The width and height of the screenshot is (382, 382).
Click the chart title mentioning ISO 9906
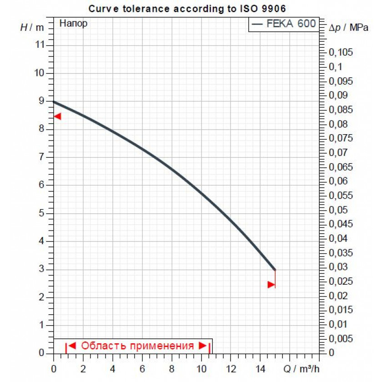pyautogui.click(x=187, y=8)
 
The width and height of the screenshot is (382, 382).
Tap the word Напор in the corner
pyautogui.click(x=73, y=24)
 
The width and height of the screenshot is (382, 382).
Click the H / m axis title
pyautogui.click(x=32, y=27)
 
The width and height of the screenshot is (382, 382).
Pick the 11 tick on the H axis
pyautogui.click(x=40, y=45)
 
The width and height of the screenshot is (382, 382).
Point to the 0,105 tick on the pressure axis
pyautogui.click(x=340, y=53)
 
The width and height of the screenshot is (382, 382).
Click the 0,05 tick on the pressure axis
pyautogui.click(x=338, y=210)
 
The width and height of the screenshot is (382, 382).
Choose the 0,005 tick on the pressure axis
pyautogui.click(x=340, y=339)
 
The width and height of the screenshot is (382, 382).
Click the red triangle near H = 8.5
pyautogui.click(x=57, y=116)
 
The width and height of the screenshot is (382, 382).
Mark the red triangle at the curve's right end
pyautogui.click(x=271, y=285)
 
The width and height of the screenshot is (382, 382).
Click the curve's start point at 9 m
pyautogui.click(x=54, y=101)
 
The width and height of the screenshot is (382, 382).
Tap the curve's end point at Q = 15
pyautogui.click(x=275, y=270)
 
